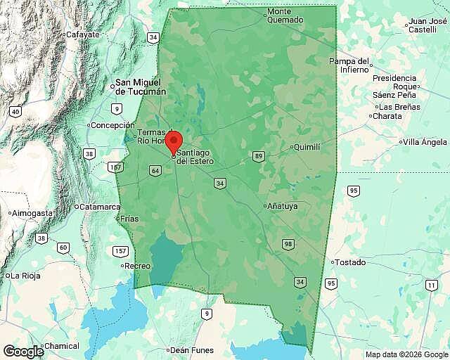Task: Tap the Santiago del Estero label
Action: (195, 157)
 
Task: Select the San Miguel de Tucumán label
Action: (141, 86)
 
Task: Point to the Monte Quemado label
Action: (285, 15)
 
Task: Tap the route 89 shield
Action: (259, 156)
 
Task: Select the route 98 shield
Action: (288, 244)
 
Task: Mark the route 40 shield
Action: (15, 111)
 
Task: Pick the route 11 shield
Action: (430, 285)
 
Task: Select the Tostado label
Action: (351, 262)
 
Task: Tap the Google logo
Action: (22, 351)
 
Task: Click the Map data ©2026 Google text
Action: (406, 354)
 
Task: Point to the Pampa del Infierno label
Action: (349, 65)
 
